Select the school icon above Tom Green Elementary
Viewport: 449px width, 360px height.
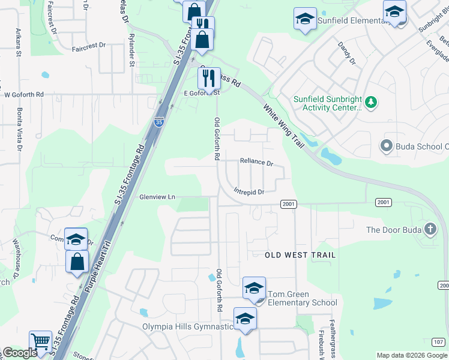[254, 289]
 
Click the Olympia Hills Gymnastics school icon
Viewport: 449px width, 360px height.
[245, 319]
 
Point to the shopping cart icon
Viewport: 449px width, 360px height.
[41, 343]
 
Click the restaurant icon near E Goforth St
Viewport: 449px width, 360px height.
[209, 78]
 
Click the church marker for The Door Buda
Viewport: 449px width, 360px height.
[430, 229]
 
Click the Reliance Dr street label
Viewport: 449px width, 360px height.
[256, 162]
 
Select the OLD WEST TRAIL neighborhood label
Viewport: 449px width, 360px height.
[300, 255]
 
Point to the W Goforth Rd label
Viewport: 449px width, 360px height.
[24, 94]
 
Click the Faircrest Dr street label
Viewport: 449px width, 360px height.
[88, 45]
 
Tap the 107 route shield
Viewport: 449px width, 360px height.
[439, 342]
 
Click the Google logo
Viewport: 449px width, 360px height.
[20, 353]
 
